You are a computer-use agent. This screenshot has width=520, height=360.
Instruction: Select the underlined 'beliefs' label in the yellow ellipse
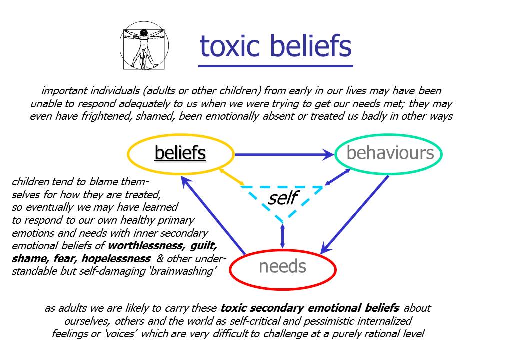pyautogui.click(x=180, y=153)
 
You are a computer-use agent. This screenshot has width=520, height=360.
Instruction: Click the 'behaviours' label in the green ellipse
pyautogui.click(x=390, y=153)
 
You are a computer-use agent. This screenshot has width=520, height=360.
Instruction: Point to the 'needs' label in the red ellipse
pyautogui.click(x=282, y=266)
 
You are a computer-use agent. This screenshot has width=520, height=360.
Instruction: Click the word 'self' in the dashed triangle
pyautogui.click(x=283, y=198)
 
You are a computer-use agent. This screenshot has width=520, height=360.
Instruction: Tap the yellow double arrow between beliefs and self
pyautogui.click(x=231, y=177)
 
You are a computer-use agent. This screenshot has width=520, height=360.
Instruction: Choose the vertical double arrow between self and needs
pyautogui.click(x=283, y=235)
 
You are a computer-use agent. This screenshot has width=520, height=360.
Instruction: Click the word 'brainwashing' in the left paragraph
pyautogui.click(x=182, y=272)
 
